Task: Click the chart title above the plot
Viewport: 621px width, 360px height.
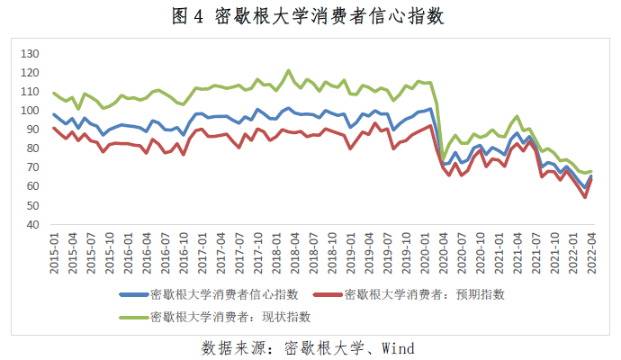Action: pyautogui.click(x=310, y=16)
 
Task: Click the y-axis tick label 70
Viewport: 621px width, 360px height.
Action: pyautogui.click(x=32, y=167)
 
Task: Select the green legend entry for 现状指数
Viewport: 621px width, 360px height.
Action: pyautogui.click(x=225, y=317)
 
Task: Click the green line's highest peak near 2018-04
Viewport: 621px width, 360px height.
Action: pyautogui.click(x=289, y=70)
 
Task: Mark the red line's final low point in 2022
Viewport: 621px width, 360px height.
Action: pyautogui.click(x=585, y=197)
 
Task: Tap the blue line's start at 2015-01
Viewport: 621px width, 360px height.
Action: pyautogui.click(x=54, y=114)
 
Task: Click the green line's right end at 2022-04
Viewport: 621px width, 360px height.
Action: pyautogui.click(x=591, y=171)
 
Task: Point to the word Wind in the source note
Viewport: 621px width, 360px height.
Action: pyautogui.click(x=397, y=346)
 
